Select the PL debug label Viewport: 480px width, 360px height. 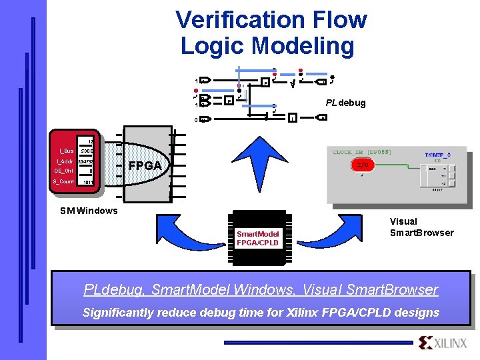point(345,103)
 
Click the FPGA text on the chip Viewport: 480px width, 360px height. point(145,165)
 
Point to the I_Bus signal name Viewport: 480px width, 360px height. point(66,151)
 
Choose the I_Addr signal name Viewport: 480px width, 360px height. point(65,161)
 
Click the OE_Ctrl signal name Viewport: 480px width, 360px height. point(65,171)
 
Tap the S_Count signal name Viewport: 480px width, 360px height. point(64,181)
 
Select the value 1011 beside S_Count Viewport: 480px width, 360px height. point(88,182)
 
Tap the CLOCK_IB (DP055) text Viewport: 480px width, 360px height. point(361,152)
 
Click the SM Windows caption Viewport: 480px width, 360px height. point(88,211)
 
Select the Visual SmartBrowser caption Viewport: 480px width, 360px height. point(421,227)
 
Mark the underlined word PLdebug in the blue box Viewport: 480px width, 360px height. point(113,289)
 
